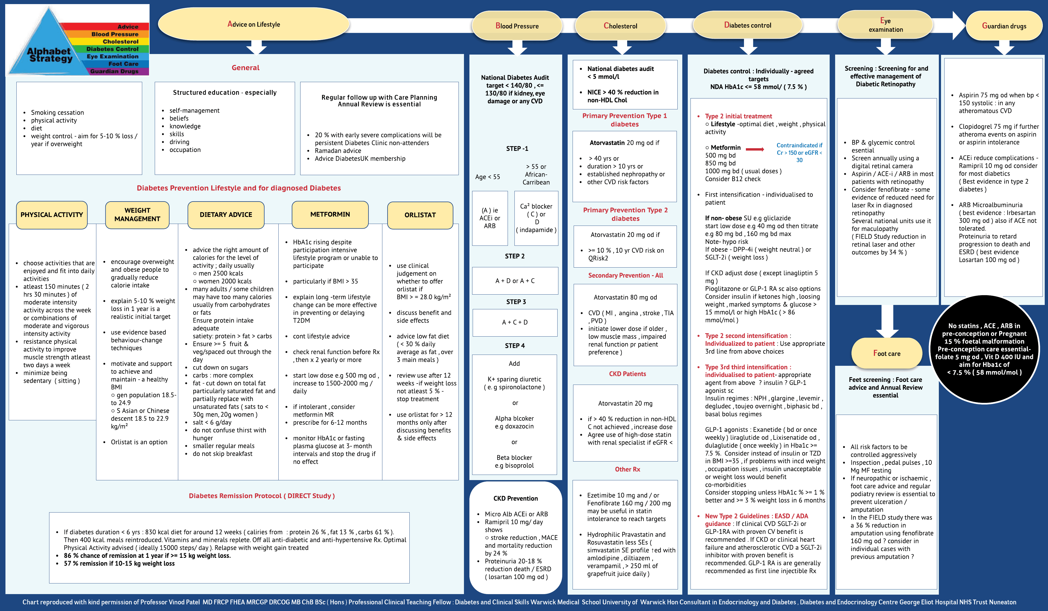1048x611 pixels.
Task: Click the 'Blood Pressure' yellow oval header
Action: click(x=517, y=26)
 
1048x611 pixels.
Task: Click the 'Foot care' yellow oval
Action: click(x=887, y=353)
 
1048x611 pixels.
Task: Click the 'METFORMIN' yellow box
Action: click(x=330, y=214)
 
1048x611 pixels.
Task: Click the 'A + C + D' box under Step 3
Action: click(x=515, y=322)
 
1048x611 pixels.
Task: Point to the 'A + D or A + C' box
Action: click(x=515, y=281)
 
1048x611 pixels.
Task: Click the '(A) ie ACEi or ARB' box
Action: click(x=490, y=218)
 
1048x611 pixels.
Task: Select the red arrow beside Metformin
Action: click(x=755, y=149)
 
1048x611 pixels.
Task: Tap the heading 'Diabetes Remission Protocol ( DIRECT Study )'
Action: click(x=261, y=496)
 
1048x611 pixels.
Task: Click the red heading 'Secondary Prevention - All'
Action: click(x=626, y=275)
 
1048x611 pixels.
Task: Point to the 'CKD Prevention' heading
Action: click(x=516, y=498)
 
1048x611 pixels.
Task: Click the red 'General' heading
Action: click(x=245, y=68)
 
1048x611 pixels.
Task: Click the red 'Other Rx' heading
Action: click(x=627, y=469)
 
